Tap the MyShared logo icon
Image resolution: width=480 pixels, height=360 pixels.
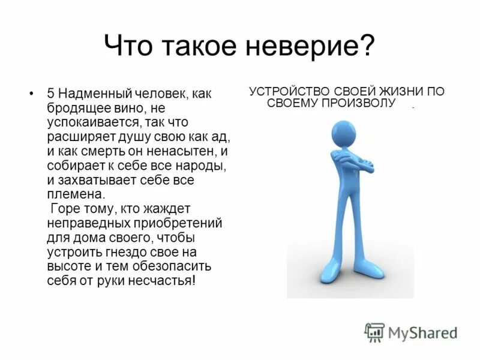(374, 332)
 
